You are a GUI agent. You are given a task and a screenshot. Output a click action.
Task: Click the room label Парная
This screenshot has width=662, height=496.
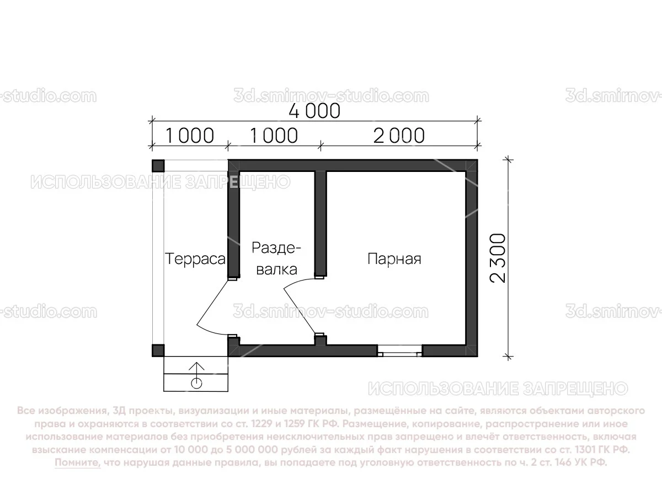click(394, 259)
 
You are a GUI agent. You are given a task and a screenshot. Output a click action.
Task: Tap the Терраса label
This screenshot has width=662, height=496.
click(196, 259)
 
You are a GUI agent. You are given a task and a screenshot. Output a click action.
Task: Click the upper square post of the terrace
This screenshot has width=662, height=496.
click(158, 166)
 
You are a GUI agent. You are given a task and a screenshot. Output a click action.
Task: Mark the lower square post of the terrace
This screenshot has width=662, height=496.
click(158, 351)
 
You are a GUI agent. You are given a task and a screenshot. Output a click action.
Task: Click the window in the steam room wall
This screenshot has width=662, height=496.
click(400, 350)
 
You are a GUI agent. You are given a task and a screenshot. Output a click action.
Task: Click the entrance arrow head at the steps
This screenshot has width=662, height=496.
click(197, 366)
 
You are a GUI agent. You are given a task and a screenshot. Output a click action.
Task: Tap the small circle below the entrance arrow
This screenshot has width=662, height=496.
click(197, 382)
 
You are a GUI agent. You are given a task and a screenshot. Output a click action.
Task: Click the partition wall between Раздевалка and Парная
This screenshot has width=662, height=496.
click(321, 223)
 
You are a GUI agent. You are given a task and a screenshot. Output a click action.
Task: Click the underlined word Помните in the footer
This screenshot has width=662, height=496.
click(77, 463)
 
